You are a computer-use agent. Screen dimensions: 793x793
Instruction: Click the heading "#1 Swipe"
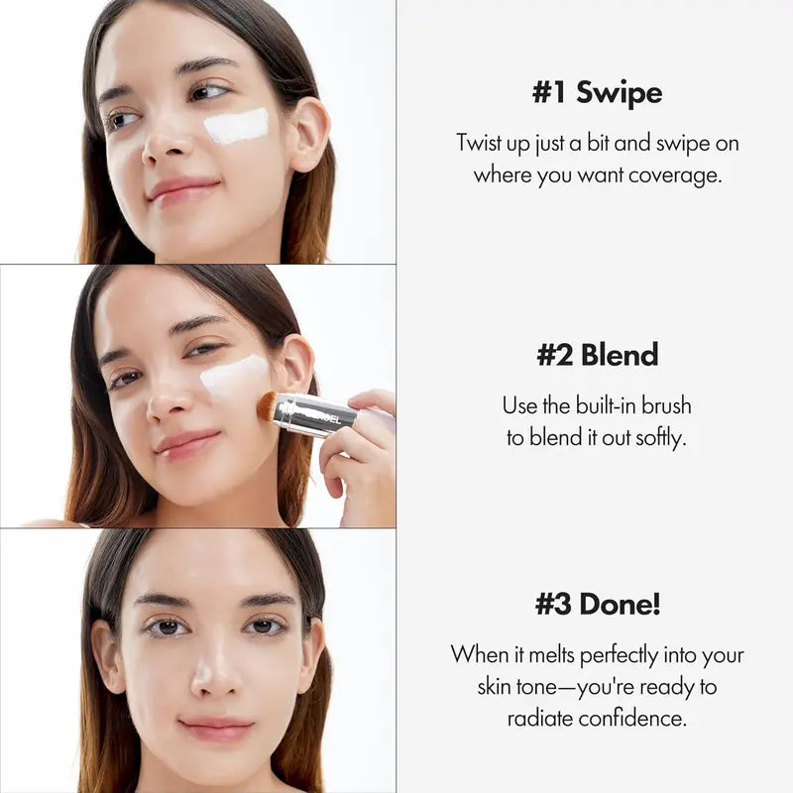[597, 93]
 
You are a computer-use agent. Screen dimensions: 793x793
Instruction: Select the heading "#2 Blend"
[597, 356]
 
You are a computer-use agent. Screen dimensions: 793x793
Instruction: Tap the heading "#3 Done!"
[597, 604]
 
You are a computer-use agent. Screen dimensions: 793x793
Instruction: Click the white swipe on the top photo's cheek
[237, 126]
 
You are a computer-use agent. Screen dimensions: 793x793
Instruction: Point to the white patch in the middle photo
[233, 375]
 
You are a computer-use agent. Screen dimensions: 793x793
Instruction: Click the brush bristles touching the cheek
[267, 405]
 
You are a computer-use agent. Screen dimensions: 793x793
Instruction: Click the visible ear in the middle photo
[296, 364]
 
